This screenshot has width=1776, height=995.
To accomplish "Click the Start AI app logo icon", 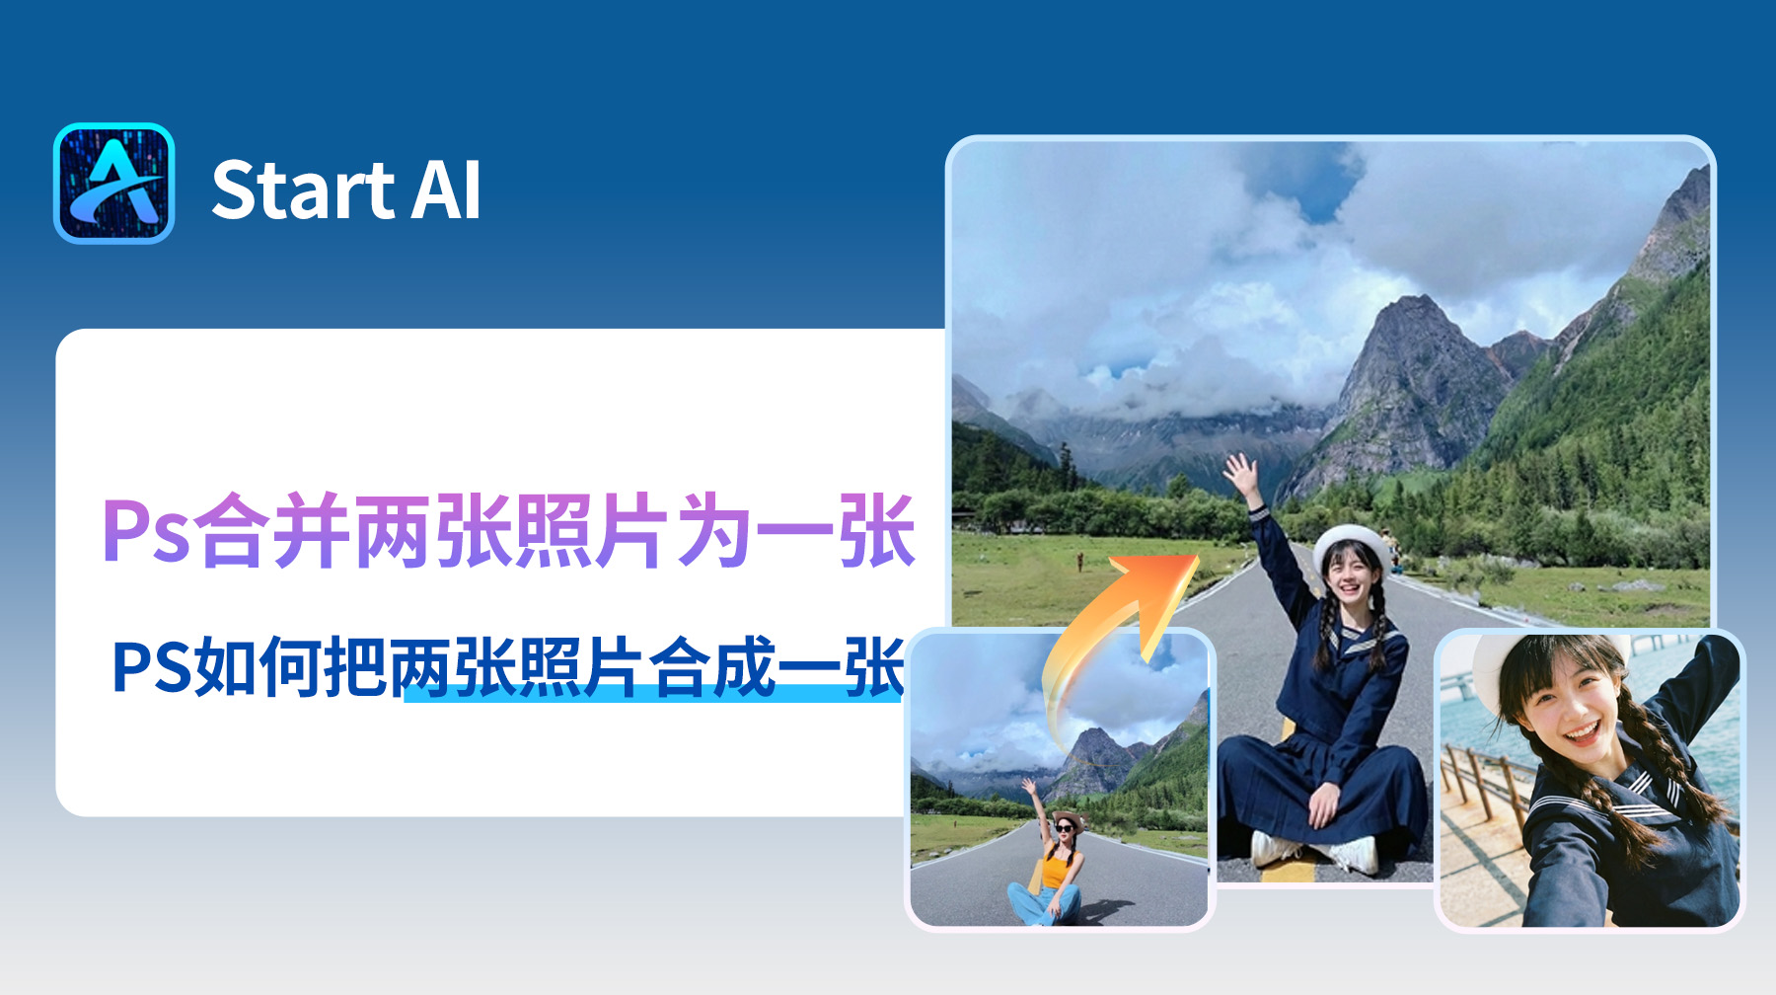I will point(114,184).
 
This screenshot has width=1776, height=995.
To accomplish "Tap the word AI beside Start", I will point(446,191).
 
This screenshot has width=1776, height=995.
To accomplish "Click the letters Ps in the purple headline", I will point(145,533).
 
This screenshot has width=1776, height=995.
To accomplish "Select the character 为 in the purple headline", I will point(714,533).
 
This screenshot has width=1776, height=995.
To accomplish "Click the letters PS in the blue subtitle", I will point(151,668).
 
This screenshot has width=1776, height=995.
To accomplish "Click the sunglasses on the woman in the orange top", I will point(1066,827).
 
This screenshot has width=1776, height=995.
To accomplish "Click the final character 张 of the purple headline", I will point(876,533).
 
